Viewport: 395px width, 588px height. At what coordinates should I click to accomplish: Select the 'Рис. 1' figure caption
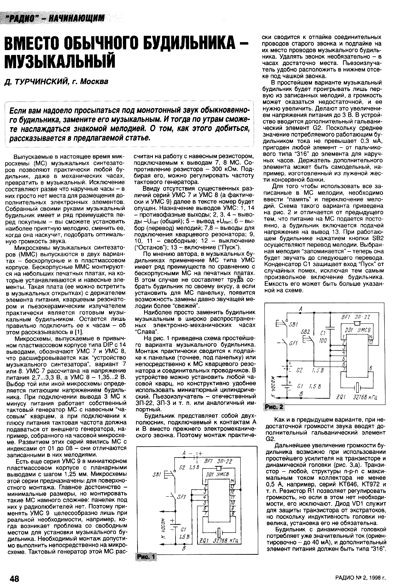145,557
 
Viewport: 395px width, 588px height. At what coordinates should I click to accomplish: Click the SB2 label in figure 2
305,331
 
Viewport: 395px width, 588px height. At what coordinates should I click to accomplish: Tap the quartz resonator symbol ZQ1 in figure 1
218,532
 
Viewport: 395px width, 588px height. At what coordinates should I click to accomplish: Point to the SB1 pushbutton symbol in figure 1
169,475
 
